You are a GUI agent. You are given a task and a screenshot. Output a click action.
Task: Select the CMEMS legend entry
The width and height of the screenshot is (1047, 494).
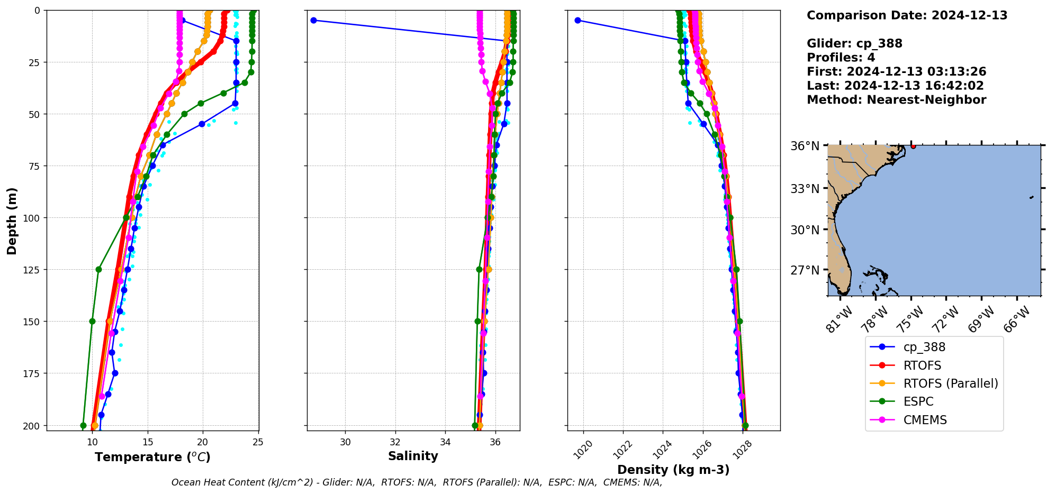(x=925, y=420)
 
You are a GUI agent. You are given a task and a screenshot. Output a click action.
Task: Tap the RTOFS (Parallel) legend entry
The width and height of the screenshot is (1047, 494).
(x=951, y=383)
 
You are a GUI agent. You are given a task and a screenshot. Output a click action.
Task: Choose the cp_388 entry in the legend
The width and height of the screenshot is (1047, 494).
(x=924, y=347)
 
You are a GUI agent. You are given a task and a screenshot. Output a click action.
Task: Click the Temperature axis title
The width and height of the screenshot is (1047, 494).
(x=152, y=457)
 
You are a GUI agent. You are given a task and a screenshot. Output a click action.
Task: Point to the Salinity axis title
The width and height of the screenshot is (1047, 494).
(x=413, y=456)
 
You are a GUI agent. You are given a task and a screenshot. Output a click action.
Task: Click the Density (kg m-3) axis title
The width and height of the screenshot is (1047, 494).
(x=673, y=470)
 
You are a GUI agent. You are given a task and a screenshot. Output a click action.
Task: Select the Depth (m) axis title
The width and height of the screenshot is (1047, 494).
(x=12, y=221)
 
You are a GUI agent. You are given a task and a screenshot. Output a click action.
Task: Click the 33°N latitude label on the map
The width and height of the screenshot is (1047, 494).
(x=805, y=189)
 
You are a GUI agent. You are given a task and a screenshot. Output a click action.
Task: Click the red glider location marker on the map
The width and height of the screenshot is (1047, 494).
(x=913, y=145)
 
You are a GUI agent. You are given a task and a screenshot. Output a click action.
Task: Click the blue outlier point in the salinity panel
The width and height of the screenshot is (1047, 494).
(x=313, y=20)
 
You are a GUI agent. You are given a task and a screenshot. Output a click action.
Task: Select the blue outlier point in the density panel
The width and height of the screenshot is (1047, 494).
(x=577, y=20)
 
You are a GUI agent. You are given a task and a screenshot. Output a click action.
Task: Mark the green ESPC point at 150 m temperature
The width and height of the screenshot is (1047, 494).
(x=92, y=321)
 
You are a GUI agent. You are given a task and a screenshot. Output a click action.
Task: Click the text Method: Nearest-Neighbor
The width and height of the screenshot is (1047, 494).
(x=896, y=100)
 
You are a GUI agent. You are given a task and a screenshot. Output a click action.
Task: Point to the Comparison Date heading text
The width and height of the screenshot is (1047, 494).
(x=907, y=15)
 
